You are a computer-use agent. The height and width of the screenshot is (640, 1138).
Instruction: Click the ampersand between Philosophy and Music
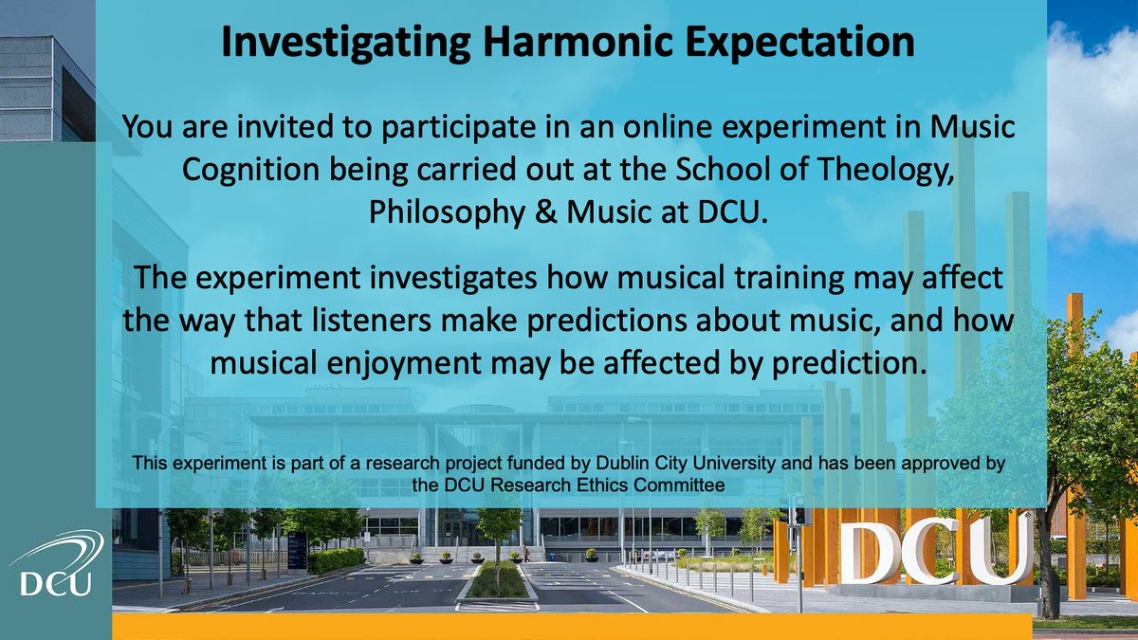(x=541, y=211)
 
